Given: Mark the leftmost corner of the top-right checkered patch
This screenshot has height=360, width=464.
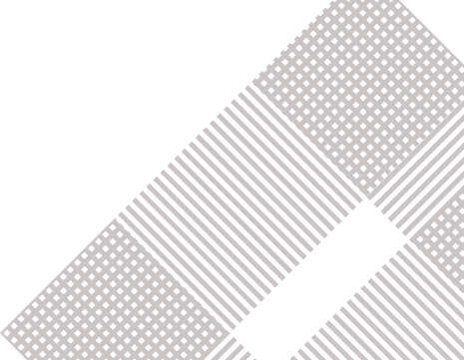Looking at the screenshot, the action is pos(243,88).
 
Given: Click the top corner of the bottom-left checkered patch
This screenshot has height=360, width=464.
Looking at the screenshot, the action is pos(119,216).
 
